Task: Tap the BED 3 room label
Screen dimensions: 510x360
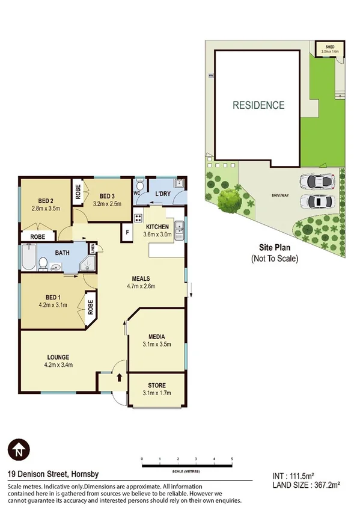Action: pos(107,196)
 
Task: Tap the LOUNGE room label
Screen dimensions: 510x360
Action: pos(58,357)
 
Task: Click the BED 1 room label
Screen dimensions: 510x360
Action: pos(53,297)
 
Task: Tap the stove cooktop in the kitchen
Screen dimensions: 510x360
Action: pos(138,220)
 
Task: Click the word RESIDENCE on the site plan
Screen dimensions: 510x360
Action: pos(259,105)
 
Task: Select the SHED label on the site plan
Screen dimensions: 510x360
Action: pos(329,47)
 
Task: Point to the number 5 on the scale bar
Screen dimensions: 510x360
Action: pos(232,459)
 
